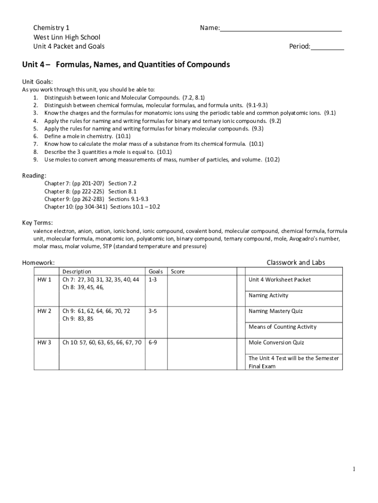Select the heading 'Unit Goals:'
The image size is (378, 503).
coord(38,82)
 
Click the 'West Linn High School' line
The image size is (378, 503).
coord(66,37)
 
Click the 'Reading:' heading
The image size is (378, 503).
coord(34,176)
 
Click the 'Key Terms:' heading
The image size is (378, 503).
coord(37,223)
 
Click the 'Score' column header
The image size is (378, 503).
coord(178,272)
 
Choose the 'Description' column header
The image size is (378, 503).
coord(77,272)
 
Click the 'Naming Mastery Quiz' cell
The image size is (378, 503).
coord(275,311)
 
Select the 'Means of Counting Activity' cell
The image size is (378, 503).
coord(282,327)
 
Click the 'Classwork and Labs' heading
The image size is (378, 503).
coord(296,262)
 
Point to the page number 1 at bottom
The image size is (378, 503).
coord(354,470)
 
